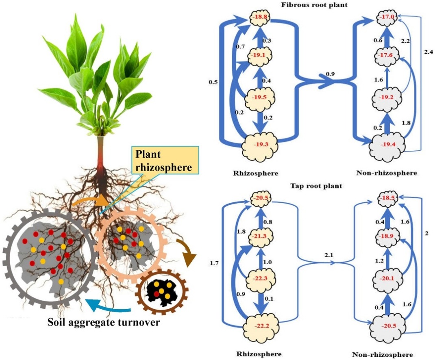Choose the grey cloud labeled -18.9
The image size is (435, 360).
point(385,238)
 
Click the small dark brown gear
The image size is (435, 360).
point(162,293)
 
